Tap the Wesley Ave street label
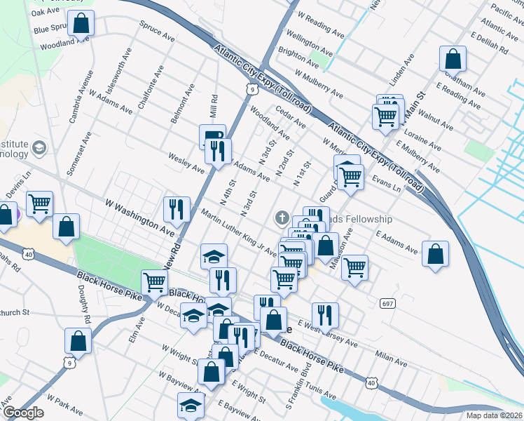click(x=186, y=163)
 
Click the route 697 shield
click(x=387, y=303)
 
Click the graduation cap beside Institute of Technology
click(x=39, y=147)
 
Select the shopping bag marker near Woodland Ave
click(x=81, y=23)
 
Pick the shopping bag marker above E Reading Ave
click(x=453, y=60)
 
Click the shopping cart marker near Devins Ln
click(x=40, y=203)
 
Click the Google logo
click(x=22, y=413)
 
